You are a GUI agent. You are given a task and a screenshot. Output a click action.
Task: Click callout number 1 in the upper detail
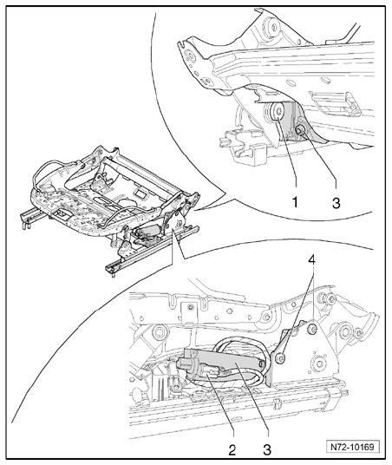[295, 203]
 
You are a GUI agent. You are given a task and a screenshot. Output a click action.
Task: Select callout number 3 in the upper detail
[336, 203]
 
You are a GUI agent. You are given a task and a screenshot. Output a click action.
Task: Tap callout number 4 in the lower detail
[311, 260]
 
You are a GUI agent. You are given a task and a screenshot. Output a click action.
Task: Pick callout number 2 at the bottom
[232, 450]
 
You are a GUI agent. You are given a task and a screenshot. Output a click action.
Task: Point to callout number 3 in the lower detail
[267, 450]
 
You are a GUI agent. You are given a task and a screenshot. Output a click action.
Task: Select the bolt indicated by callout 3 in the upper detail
[301, 129]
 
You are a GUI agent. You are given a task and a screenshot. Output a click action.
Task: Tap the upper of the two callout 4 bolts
[312, 329]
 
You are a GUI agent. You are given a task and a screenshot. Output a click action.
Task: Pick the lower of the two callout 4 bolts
[279, 358]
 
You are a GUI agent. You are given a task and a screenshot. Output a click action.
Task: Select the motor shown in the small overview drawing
[147, 232]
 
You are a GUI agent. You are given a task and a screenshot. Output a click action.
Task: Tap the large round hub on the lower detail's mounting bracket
[319, 363]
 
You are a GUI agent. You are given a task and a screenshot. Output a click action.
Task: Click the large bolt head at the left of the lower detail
[160, 333]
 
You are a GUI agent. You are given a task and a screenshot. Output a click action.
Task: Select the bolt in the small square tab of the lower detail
[190, 308]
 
